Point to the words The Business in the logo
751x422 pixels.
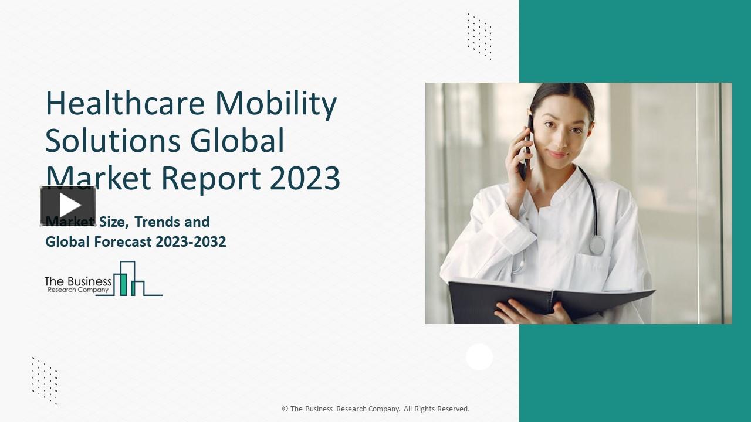click(77, 282)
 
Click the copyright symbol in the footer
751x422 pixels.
click(285, 409)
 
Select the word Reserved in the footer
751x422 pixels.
click(452, 409)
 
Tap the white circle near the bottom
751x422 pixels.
click(479, 357)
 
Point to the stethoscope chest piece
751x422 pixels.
click(597, 244)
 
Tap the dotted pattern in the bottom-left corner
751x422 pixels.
click(45, 380)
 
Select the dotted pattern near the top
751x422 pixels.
click(479, 36)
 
